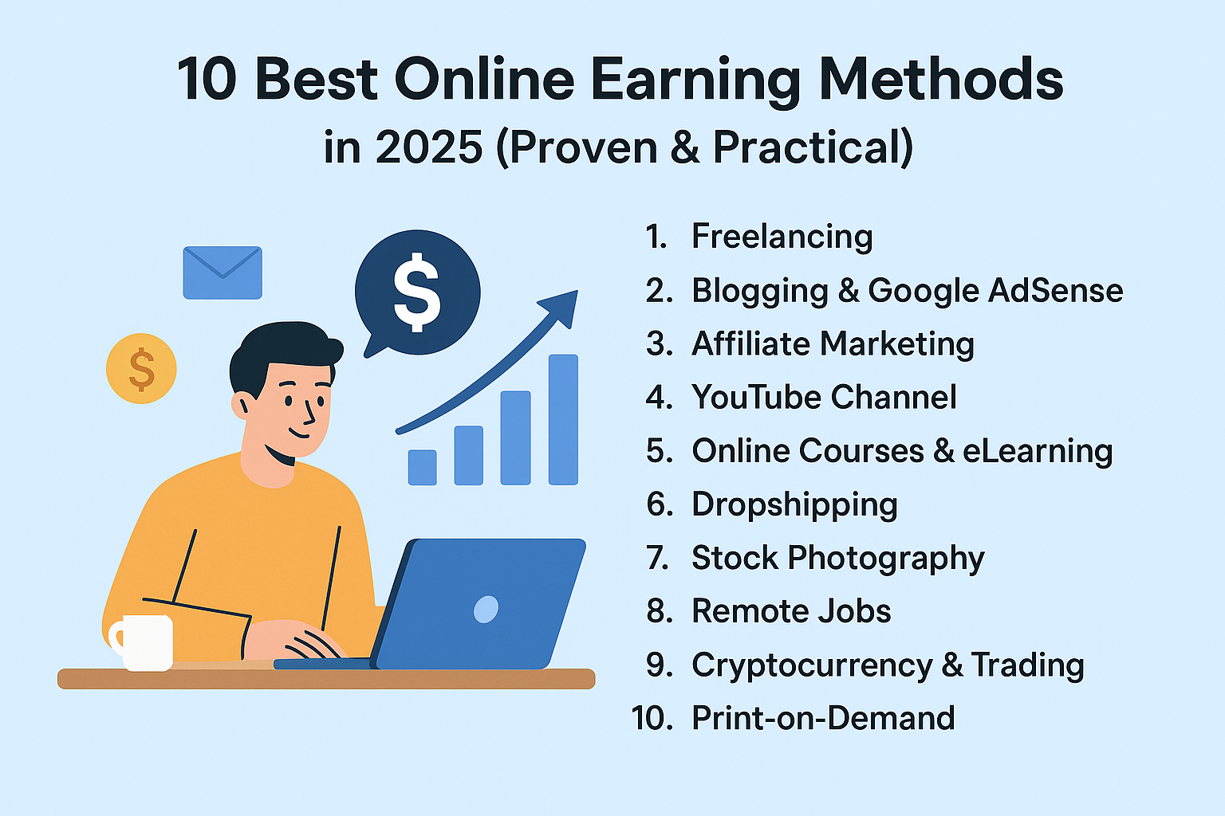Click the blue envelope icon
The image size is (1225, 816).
point(223,273)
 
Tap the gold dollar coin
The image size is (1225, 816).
point(141,368)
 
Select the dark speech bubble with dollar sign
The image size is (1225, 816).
point(417,293)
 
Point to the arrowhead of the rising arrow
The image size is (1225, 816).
point(561,307)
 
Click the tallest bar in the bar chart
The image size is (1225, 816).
point(563,419)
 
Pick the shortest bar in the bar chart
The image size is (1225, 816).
point(422,467)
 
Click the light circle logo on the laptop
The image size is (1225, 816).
point(486,609)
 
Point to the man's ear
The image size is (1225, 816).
point(240,405)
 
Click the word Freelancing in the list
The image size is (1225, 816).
point(782,237)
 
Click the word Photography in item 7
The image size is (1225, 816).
point(886,559)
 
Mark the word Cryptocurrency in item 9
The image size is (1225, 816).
point(812,665)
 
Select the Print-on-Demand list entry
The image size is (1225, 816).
point(823,718)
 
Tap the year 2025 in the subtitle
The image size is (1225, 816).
point(429,147)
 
